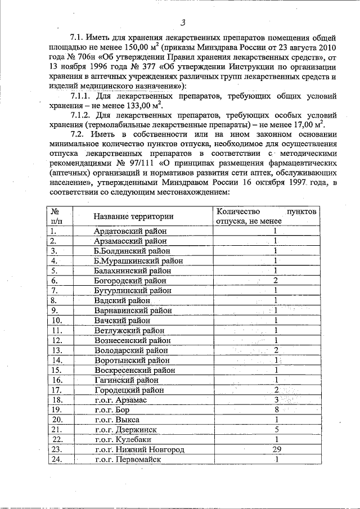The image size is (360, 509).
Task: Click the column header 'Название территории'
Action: click(x=133, y=217)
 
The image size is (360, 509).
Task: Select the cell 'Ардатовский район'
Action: click(x=127, y=231)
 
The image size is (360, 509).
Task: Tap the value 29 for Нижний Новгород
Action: click(x=276, y=449)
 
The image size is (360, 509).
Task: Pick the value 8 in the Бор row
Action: click(x=276, y=409)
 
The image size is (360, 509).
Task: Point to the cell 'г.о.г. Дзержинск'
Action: click(x=126, y=430)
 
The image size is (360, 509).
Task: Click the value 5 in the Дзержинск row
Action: click(x=276, y=429)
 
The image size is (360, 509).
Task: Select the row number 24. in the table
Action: click(x=56, y=460)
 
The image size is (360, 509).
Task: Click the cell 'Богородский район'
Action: click(x=130, y=280)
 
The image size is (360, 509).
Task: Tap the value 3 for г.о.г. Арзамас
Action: click(x=276, y=399)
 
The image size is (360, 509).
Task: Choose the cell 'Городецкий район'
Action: click(x=129, y=390)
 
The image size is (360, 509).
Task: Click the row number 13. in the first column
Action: click(x=56, y=350)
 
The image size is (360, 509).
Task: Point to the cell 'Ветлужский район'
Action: click(x=129, y=330)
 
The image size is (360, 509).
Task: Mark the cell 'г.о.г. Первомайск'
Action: click(x=128, y=460)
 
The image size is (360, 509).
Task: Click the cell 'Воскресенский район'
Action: click(x=134, y=370)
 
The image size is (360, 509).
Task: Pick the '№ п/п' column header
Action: click(x=56, y=217)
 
